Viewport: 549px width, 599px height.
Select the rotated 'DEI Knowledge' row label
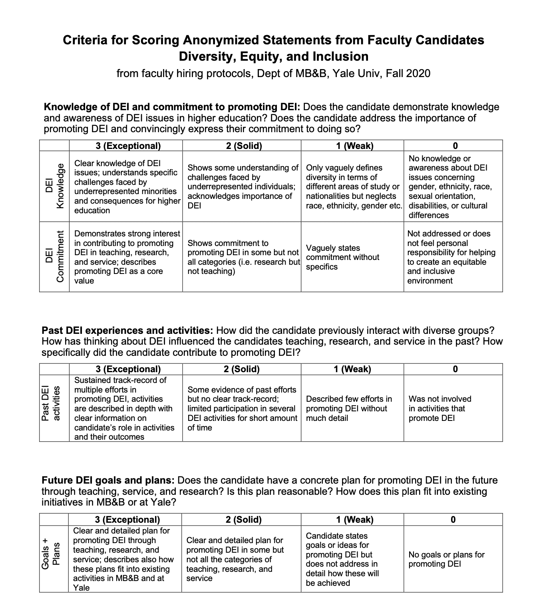click(x=54, y=186)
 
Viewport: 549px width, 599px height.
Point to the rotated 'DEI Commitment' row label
click(x=54, y=257)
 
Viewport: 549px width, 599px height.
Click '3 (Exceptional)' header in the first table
click(x=128, y=146)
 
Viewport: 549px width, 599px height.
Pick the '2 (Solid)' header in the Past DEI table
click(x=241, y=369)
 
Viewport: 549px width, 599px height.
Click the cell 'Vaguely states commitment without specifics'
click(x=342, y=257)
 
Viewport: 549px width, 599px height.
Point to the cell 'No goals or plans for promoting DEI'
click(x=446, y=559)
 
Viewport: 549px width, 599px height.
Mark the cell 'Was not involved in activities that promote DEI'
click(x=440, y=409)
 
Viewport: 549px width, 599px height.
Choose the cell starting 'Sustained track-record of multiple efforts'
click(x=124, y=409)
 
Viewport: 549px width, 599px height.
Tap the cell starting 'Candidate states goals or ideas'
click(x=342, y=559)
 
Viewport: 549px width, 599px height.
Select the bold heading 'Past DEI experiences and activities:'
click(x=127, y=331)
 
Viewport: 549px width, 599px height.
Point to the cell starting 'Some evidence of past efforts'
click(x=242, y=409)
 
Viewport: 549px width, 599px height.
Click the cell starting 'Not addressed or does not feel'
click(x=451, y=257)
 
